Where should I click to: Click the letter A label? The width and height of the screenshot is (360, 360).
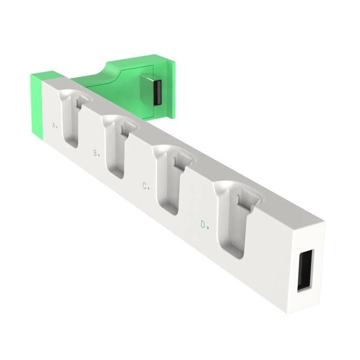click(54, 126)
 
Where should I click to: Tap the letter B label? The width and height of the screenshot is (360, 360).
click(95, 153)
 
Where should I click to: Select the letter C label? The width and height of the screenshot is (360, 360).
click(145, 186)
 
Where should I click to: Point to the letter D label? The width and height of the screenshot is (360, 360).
click(203, 224)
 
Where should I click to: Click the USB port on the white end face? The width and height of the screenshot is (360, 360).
click(305, 270)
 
